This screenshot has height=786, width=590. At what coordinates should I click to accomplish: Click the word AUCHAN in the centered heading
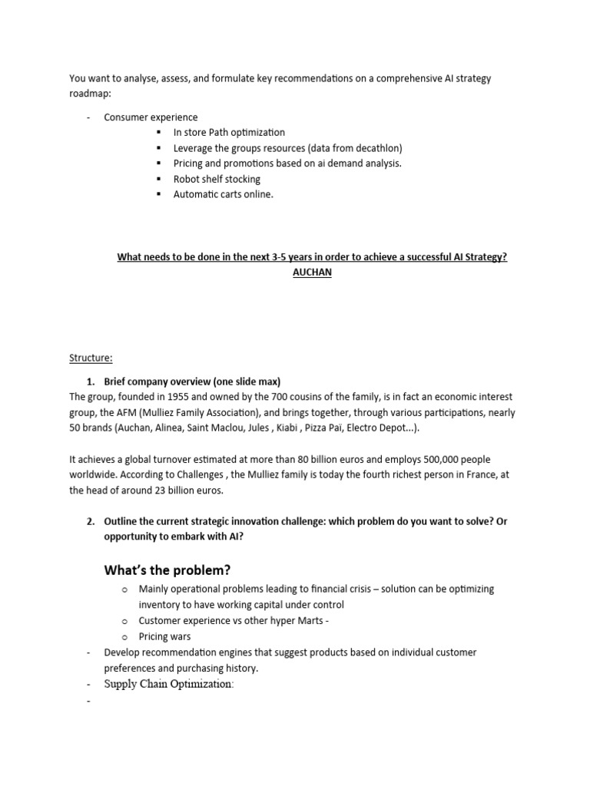312,272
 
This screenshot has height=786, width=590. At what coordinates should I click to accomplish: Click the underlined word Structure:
90,357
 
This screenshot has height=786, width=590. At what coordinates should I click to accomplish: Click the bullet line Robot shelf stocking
217,179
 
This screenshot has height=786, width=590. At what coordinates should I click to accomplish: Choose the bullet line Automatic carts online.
223,194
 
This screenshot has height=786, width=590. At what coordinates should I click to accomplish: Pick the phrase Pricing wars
164,636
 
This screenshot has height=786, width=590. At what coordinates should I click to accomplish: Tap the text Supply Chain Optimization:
168,683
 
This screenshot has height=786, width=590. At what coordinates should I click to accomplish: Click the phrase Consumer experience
151,117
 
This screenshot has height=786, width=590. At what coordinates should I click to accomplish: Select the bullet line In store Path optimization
229,133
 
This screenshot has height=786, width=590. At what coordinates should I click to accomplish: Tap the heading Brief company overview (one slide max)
192,381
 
